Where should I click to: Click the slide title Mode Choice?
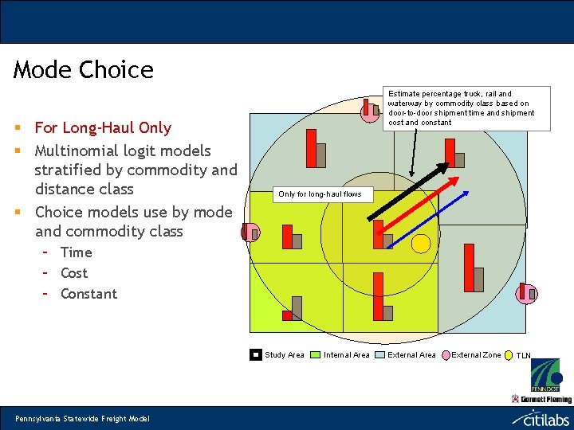pyautogui.click(x=84, y=70)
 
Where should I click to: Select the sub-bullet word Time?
pyautogui.click(x=76, y=252)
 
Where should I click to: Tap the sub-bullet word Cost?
pyautogui.click(x=74, y=273)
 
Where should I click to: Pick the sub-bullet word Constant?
pyautogui.click(x=88, y=294)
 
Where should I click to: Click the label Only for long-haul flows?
pyautogui.click(x=320, y=194)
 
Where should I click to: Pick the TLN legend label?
pyautogui.click(x=523, y=355)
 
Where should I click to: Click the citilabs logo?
pyautogui.click(x=541, y=417)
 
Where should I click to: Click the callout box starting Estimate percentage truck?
pyautogui.click(x=461, y=107)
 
